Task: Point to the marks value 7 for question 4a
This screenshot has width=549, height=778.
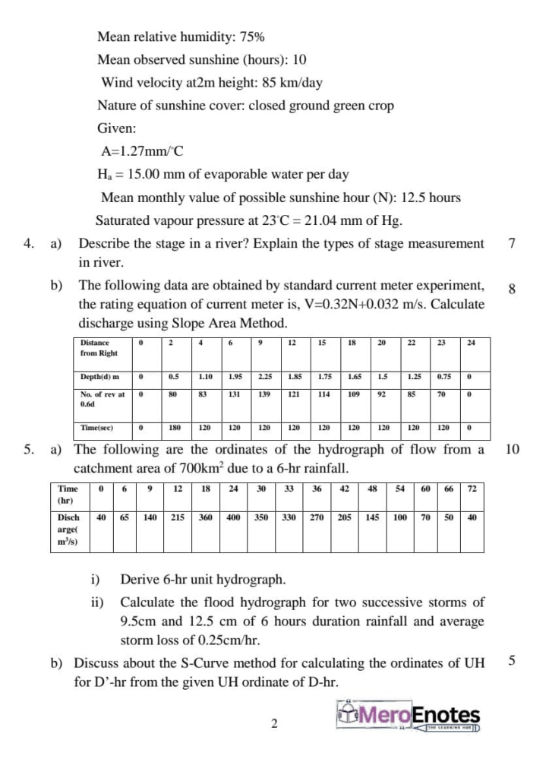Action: coord(512,244)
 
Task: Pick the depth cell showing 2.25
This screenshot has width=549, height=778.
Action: coord(264,377)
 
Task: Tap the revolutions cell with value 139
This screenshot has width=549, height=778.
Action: coord(264,395)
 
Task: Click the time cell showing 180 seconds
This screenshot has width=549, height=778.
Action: coord(175,428)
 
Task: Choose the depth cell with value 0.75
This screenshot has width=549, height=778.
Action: coord(443,377)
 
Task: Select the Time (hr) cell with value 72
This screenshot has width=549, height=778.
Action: coord(472,489)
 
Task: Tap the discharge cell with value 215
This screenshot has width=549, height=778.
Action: coord(177,517)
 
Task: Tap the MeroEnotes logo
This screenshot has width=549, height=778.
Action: coord(409,716)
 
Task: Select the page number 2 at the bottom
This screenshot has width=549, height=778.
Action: coord(274,724)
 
